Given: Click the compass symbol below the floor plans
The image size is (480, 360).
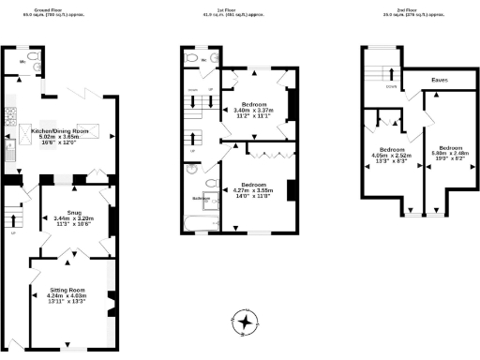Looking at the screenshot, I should (x=246, y=322).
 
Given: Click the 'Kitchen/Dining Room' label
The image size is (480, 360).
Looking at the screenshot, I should (x=60, y=130).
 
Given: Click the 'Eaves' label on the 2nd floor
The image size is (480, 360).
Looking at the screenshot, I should (x=438, y=81).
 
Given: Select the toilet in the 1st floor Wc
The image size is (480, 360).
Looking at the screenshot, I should (x=192, y=58).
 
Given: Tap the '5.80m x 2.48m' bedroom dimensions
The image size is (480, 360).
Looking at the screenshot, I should (x=445, y=154).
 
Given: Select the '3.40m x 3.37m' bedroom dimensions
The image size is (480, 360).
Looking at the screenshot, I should (x=254, y=109).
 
